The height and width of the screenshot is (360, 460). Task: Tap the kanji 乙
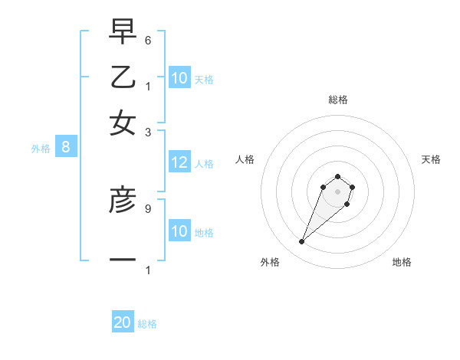click(123, 78)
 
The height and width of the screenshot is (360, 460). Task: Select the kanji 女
click(123, 123)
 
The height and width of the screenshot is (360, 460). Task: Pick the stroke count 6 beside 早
click(148, 40)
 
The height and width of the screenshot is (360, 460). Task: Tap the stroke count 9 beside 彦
click(148, 208)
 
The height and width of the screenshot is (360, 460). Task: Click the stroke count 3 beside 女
click(148, 132)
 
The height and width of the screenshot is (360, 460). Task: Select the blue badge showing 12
click(179, 162)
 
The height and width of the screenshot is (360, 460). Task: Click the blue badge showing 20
click(123, 323)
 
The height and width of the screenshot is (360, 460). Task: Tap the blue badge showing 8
click(66, 148)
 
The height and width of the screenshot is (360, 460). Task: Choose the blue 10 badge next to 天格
click(179, 78)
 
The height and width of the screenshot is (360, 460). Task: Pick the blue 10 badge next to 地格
click(179, 231)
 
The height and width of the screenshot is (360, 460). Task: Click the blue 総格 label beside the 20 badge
click(147, 324)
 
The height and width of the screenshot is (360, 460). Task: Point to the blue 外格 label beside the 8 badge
click(40, 149)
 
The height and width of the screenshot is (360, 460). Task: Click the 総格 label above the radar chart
click(337, 100)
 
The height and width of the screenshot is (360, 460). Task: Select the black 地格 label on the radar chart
click(402, 262)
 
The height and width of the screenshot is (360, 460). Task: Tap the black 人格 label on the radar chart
click(245, 159)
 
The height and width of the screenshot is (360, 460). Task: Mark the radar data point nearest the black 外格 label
click(302, 242)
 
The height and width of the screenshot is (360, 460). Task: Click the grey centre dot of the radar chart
click(337, 191)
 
